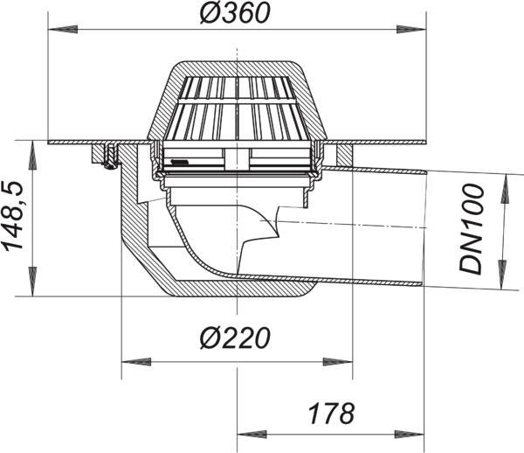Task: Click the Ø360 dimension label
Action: (235, 14)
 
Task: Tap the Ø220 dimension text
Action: (235, 338)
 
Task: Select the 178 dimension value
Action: (332, 414)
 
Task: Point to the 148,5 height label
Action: (13, 217)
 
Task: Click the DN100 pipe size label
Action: (472, 229)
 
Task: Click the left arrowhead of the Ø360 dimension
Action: (63, 29)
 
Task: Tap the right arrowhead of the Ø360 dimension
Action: (411, 29)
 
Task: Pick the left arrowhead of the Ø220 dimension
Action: (136, 362)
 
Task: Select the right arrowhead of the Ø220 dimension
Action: (337, 362)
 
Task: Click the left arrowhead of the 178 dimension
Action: (252, 435)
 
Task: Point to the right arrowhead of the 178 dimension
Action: (410, 435)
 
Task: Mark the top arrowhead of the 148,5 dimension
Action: (33, 156)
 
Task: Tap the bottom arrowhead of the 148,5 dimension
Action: (33, 282)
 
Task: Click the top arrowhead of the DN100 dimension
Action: (504, 188)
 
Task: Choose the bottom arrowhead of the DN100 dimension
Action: (502, 275)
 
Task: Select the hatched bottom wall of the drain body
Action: (241, 288)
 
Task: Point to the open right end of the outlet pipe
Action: (424, 228)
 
